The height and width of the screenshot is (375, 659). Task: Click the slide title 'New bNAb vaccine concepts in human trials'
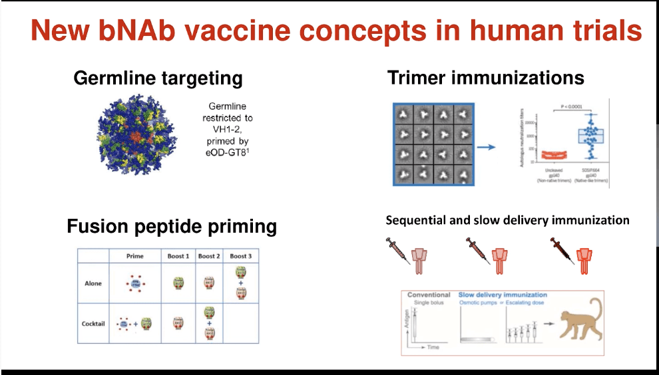(x=337, y=31)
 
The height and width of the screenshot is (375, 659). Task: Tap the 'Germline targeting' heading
(x=158, y=78)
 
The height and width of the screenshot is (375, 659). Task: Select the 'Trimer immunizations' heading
(x=486, y=78)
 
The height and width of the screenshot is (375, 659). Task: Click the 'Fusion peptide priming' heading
(x=172, y=227)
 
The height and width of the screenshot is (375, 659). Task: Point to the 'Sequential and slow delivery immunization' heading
(x=507, y=220)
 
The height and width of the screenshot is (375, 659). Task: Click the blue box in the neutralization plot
(x=589, y=136)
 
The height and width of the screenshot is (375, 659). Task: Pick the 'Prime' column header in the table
(x=134, y=256)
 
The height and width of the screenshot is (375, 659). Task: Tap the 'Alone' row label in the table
(x=93, y=283)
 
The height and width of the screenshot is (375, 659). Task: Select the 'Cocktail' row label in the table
(x=93, y=323)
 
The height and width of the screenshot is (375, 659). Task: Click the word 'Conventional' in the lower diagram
(x=429, y=295)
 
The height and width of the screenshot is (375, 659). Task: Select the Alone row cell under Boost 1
(x=178, y=283)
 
